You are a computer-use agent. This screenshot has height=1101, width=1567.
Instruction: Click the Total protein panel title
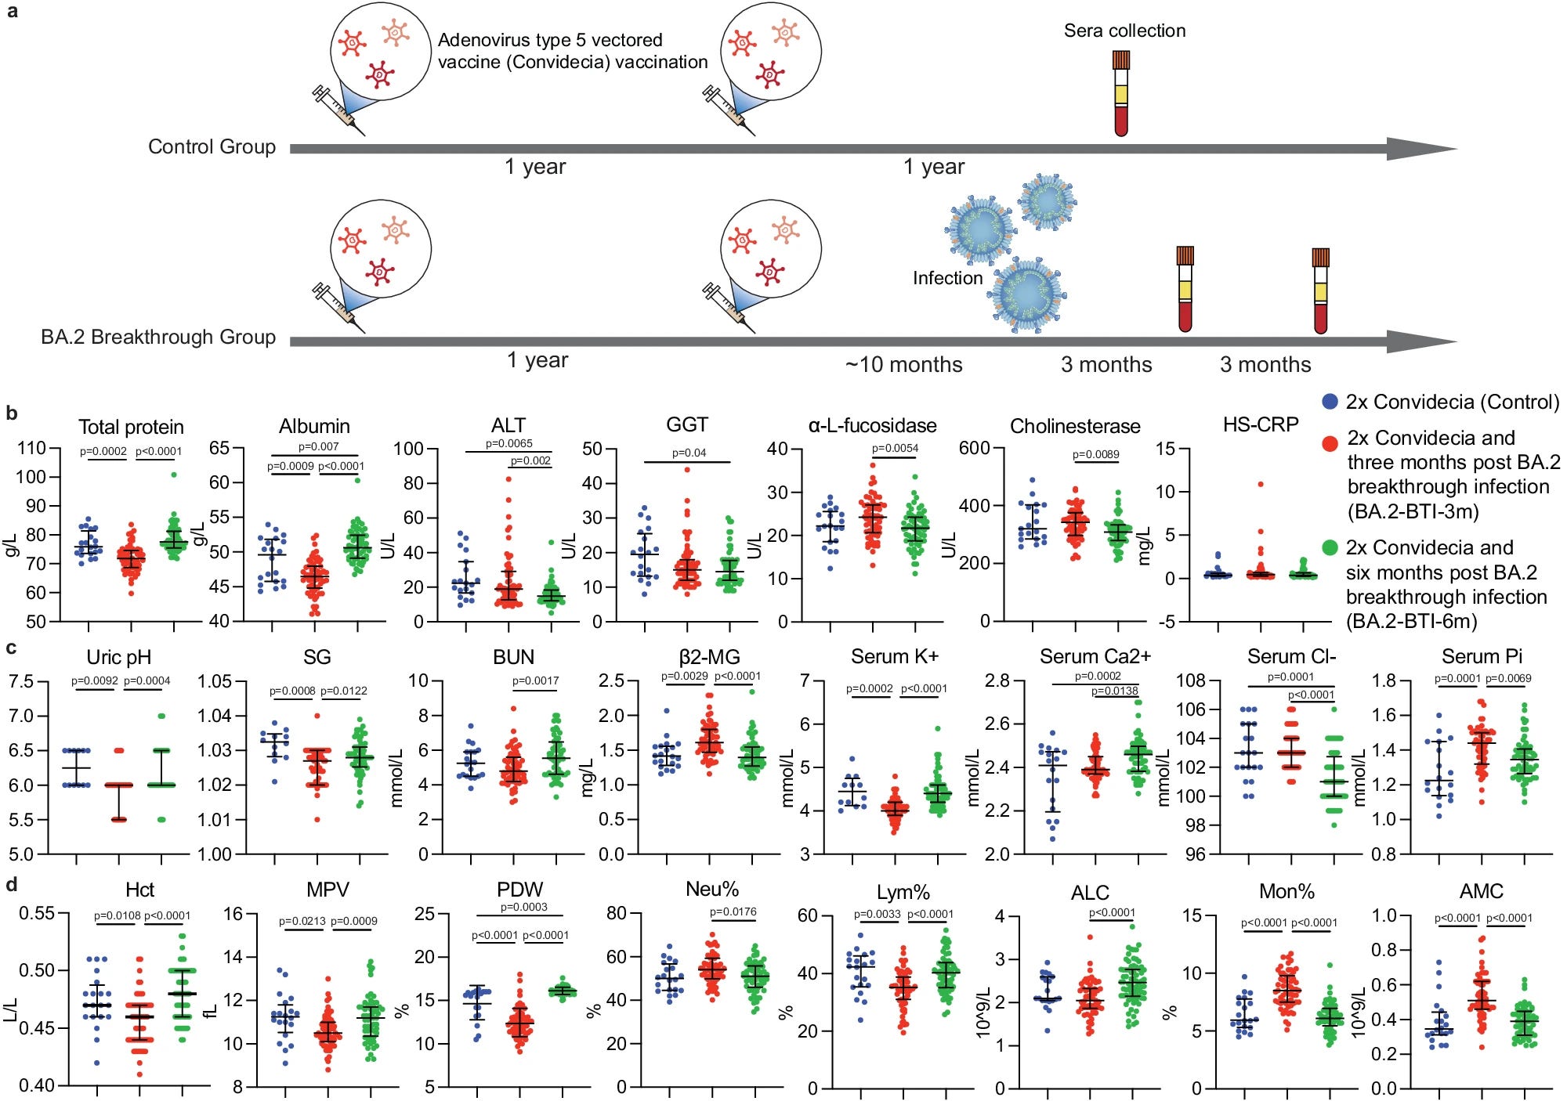131,427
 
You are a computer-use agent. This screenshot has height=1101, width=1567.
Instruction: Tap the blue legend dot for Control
1330,402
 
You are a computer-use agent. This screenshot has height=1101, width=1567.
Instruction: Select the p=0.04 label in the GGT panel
689,453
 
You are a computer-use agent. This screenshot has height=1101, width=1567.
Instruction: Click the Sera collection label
1124,31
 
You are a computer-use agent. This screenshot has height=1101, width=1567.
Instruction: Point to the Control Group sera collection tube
1121,94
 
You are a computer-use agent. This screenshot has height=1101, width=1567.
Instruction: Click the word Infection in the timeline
947,278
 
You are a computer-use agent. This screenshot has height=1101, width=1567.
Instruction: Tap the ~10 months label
903,365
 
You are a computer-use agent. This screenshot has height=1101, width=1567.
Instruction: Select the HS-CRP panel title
1261,424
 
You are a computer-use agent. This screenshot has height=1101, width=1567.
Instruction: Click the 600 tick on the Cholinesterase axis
974,449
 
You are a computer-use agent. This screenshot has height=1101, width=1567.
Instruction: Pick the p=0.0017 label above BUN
535,680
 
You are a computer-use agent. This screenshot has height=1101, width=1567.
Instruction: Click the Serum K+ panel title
894,656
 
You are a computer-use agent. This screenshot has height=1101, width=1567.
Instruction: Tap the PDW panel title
519,890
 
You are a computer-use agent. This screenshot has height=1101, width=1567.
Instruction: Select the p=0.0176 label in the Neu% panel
733,911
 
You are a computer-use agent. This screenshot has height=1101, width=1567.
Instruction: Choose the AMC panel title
1481,891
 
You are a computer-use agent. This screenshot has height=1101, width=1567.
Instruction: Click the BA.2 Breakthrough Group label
158,337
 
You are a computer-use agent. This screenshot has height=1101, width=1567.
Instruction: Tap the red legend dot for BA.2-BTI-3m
1330,444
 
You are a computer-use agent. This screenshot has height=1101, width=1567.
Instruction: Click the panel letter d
11,886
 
